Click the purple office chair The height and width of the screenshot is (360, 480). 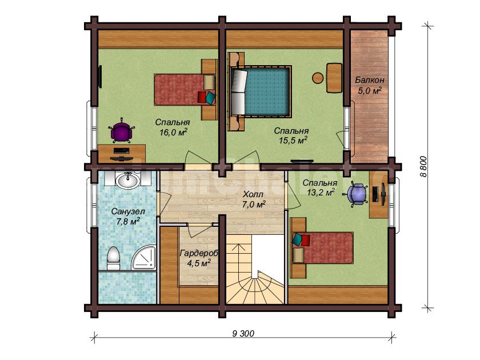click(x=122, y=131)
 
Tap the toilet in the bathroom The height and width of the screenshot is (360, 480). click(x=113, y=258)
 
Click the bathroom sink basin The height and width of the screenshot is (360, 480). click(x=127, y=180)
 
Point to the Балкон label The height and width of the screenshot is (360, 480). click(x=370, y=80)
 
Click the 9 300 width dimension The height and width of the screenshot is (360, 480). click(x=243, y=333)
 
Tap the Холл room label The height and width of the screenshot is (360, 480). click(x=253, y=194)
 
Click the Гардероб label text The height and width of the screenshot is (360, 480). click(x=199, y=254)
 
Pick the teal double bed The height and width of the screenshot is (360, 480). click(x=260, y=91)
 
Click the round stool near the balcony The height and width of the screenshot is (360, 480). click(x=318, y=78)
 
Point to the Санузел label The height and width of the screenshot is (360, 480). click(x=128, y=211)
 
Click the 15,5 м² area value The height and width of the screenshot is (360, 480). click(x=293, y=140)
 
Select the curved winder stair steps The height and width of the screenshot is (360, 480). click(x=255, y=287)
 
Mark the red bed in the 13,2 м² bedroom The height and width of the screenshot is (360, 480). click(x=322, y=247)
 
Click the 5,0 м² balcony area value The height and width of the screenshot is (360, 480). click(x=370, y=91)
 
